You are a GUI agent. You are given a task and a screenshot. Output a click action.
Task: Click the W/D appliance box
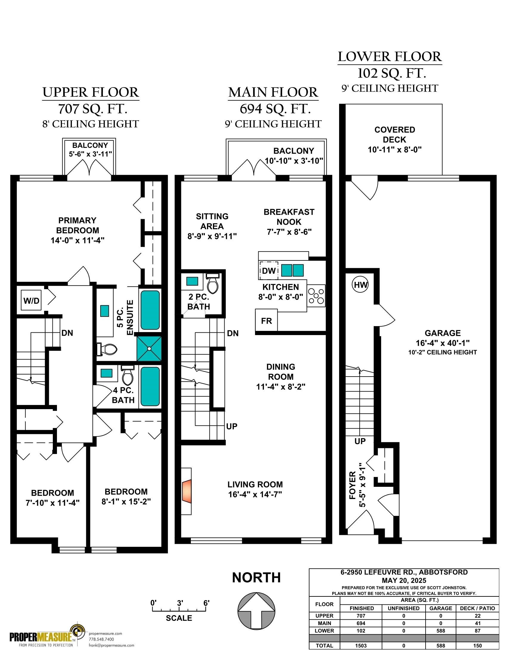click(31, 300)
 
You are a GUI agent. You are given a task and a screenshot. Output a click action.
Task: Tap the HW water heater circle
click(361, 285)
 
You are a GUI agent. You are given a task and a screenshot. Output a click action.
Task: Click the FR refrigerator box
click(266, 320)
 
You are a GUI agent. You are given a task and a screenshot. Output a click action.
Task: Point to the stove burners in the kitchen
click(316, 296)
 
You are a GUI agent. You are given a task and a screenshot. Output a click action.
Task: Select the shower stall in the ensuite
click(149, 349)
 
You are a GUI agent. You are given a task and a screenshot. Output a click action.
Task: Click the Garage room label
click(442, 333)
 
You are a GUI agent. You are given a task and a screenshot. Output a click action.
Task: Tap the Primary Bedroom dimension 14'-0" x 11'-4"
click(78, 240)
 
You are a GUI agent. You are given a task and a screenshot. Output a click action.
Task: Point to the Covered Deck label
click(395, 134)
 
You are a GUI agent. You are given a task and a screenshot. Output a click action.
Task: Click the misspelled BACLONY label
click(293, 151)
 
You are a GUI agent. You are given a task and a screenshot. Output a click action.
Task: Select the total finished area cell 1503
click(361, 646)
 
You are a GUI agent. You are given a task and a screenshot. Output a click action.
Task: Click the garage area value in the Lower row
click(440, 630)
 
